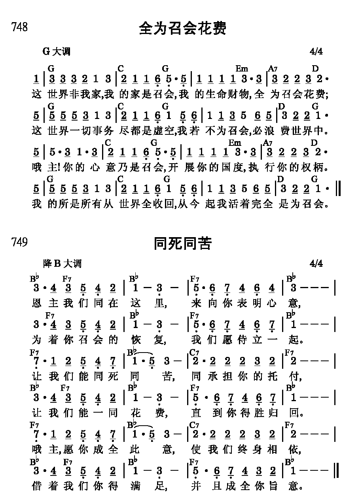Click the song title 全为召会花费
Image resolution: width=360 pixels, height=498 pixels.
(x=182, y=28)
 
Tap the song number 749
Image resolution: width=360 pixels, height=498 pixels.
(x=20, y=242)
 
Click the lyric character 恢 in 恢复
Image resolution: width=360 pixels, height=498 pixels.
(x=136, y=340)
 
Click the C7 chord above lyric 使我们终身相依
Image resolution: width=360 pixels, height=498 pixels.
(x=194, y=425)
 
